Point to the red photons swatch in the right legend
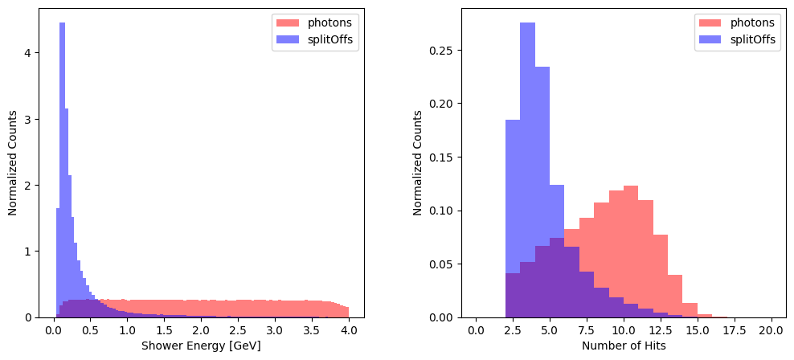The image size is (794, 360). (x=710, y=22)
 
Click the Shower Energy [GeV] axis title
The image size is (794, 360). (x=201, y=346)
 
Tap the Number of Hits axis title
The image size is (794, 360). (x=624, y=346)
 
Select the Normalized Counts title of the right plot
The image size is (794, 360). (x=418, y=163)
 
